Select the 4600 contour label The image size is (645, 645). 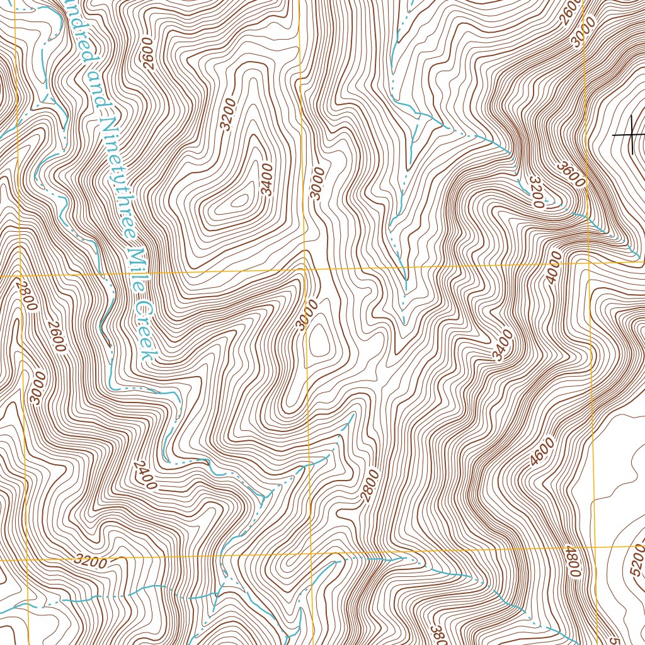542,452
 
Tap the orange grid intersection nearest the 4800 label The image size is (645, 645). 595,547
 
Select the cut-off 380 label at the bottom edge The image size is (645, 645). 436,634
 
